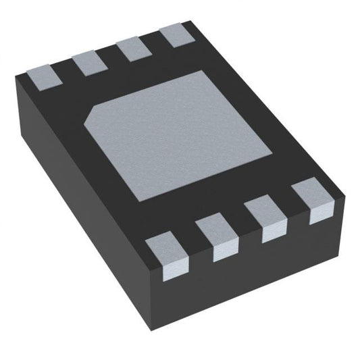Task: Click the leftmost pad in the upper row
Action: point(46,73)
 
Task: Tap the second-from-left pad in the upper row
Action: point(86,63)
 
